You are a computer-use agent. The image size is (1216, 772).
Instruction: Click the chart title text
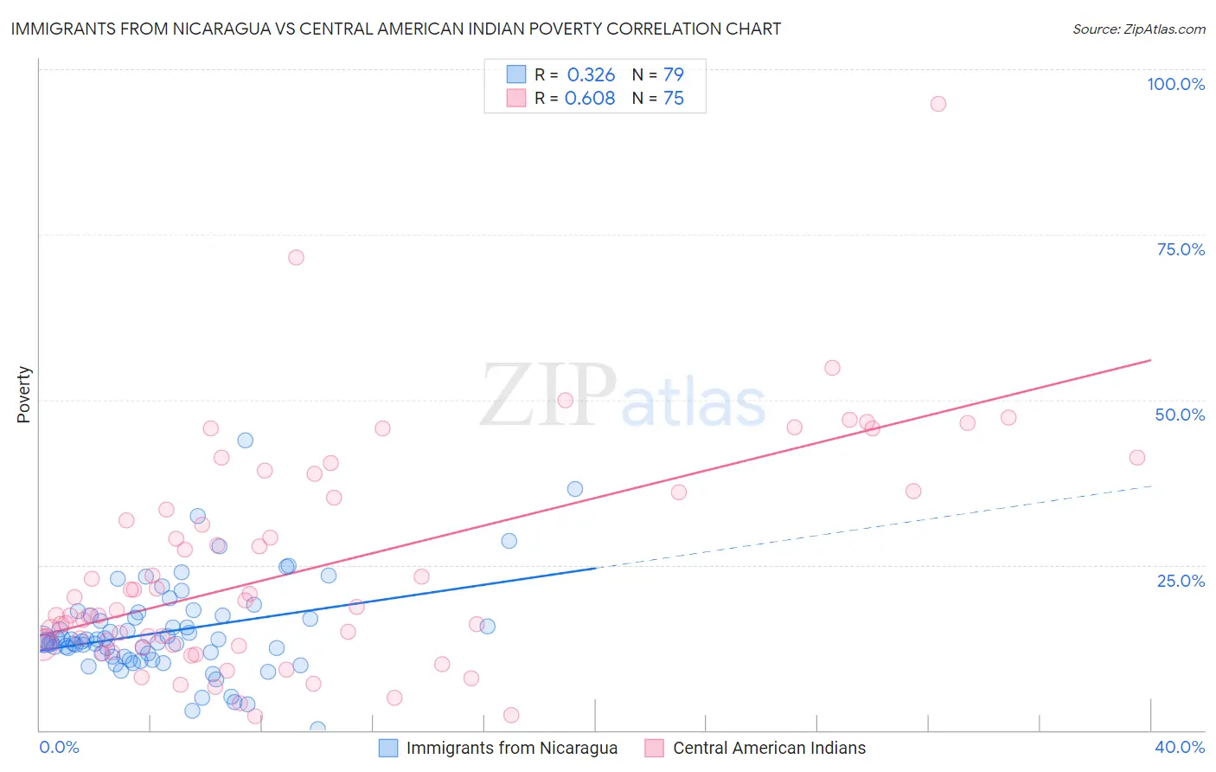396,29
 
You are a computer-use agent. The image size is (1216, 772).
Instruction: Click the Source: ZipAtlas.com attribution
1138,29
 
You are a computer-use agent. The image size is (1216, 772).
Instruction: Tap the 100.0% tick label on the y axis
1175,84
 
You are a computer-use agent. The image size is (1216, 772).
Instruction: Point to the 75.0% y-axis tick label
1181,249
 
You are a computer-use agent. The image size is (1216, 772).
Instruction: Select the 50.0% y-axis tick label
1180,415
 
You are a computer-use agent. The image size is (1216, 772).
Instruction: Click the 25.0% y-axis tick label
1181,581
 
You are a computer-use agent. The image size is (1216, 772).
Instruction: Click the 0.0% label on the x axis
59,747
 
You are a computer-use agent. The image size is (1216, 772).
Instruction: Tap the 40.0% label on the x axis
1180,747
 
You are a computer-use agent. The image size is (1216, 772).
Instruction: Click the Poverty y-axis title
23,395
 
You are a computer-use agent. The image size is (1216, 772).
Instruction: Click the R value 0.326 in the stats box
591,75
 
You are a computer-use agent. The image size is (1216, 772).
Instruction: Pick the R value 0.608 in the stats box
590,99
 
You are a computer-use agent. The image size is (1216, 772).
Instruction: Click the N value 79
673,75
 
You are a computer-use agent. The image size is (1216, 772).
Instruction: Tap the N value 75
673,99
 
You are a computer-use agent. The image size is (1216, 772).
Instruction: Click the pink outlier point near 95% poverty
938,104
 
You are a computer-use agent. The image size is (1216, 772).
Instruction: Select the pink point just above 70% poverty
296,257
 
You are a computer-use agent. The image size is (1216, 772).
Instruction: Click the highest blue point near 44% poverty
246,441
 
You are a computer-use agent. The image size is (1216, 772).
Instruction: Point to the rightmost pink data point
1137,458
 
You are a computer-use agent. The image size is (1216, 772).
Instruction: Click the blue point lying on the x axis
317,729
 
